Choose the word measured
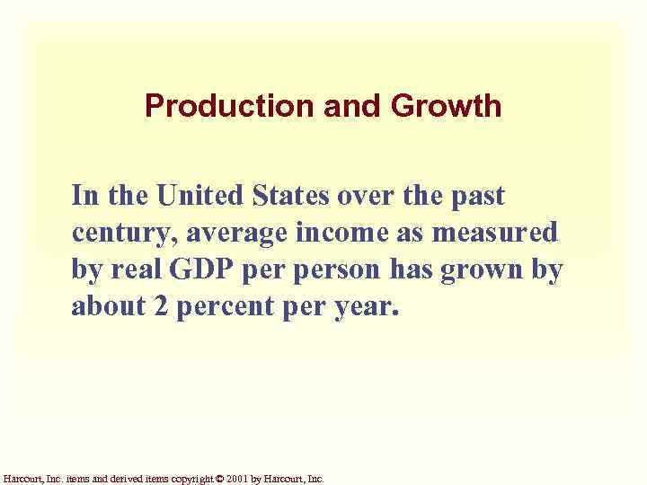pos(496,233)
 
